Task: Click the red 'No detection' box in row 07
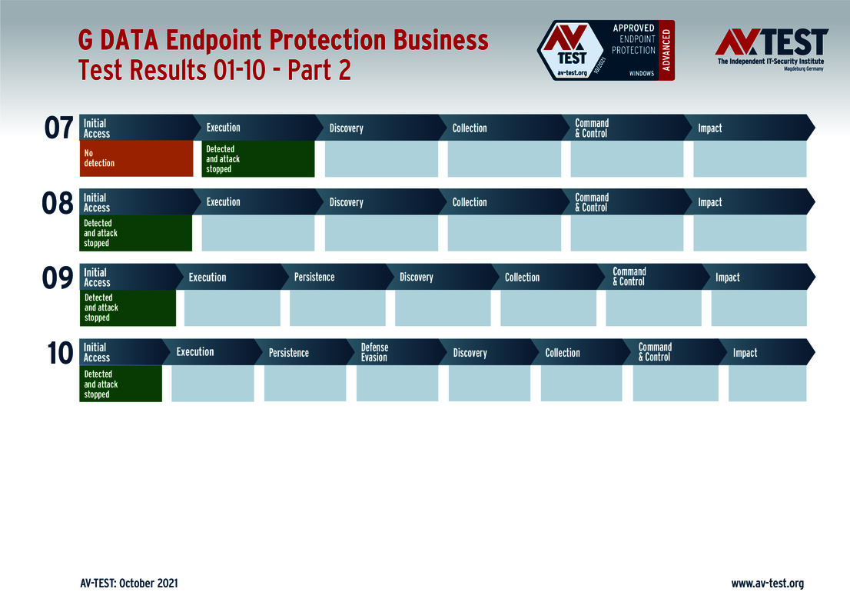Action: tap(136, 158)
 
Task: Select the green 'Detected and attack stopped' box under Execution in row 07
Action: tap(258, 158)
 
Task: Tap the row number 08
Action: tap(58, 204)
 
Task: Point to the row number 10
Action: tap(60, 353)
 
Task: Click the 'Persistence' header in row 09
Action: tap(314, 277)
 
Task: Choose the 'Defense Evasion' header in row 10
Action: tap(374, 352)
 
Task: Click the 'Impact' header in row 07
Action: tap(709, 128)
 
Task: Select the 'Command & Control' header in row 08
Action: tap(592, 202)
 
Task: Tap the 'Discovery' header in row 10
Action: tap(470, 353)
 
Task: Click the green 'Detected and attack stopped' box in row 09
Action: tap(128, 308)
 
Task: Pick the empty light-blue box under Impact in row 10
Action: tap(768, 383)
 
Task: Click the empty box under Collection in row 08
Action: tap(504, 233)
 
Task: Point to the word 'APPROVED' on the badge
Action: tap(634, 28)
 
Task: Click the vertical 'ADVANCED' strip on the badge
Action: tap(667, 51)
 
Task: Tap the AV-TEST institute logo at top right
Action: tap(772, 49)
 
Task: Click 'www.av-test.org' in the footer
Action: tap(768, 584)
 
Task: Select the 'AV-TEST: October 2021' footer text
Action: tap(129, 583)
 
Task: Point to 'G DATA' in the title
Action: tap(118, 40)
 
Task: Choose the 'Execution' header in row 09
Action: tap(208, 277)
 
